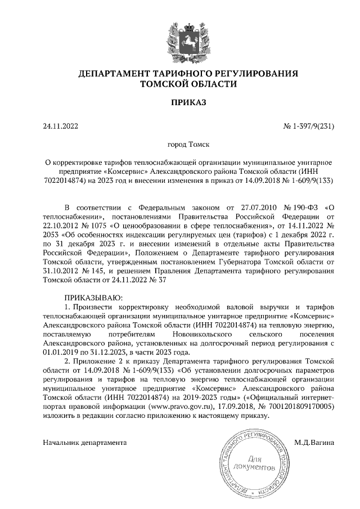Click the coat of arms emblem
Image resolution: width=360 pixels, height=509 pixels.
click(x=188, y=39)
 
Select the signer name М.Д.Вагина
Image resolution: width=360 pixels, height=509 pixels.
click(x=314, y=442)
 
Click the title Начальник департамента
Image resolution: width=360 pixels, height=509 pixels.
click(x=85, y=442)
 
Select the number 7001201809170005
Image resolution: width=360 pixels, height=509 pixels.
click(x=300, y=406)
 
